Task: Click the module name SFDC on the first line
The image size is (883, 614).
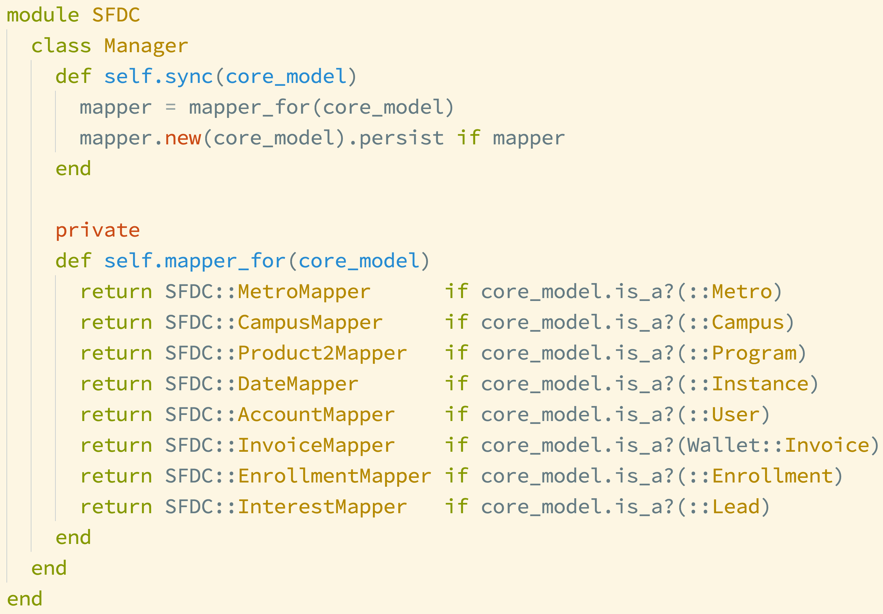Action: click(116, 15)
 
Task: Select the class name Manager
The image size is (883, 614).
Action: click(146, 46)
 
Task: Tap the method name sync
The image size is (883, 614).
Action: click(189, 77)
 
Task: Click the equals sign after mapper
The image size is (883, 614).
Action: click(171, 108)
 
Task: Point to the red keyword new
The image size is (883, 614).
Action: click(183, 138)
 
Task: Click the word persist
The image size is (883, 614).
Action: click(401, 138)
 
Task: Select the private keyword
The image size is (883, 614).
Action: click(98, 231)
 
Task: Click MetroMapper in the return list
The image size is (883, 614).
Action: click(304, 292)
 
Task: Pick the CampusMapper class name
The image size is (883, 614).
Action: click(310, 323)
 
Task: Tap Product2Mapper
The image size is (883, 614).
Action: click(322, 354)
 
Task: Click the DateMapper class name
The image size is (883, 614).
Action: click(298, 385)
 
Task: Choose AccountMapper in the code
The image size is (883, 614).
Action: click(316, 415)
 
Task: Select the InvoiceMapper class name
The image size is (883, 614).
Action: click(316, 446)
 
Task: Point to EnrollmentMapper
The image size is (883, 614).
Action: click(335, 477)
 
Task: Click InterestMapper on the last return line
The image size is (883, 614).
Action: click(322, 507)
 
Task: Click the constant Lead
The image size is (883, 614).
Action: click(736, 507)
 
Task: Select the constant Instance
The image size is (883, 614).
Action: click(760, 385)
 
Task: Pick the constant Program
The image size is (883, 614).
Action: click(754, 354)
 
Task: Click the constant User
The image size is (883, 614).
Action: click(736, 415)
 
